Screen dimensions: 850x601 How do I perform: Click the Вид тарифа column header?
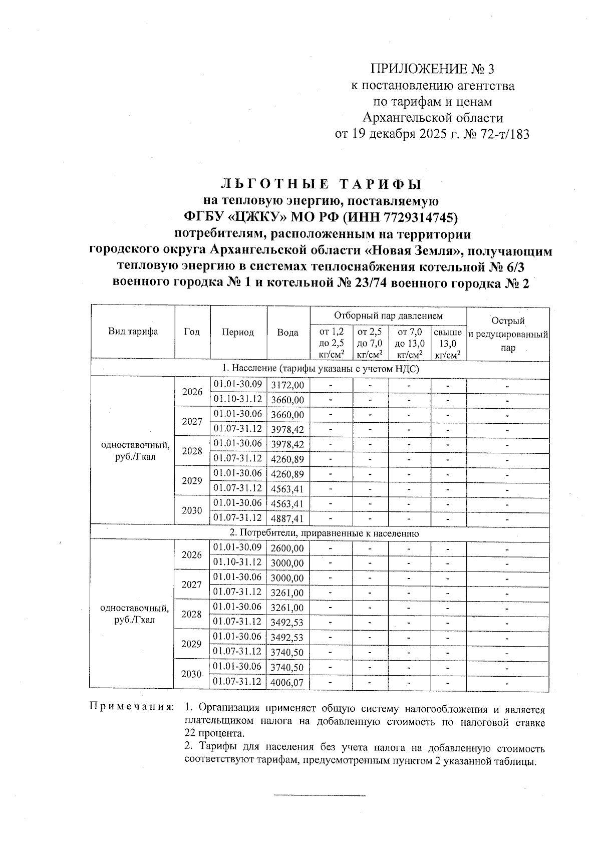point(133,332)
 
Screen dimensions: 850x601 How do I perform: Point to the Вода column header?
point(288,332)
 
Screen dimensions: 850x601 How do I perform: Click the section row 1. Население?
point(320,369)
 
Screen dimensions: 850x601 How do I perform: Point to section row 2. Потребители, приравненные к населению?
point(320,533)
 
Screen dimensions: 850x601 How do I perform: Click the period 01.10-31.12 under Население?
point(237,399)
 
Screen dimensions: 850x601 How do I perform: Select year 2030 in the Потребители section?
point(191,674)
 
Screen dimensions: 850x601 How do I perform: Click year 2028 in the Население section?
point(191,451)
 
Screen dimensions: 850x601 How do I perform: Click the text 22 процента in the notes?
point(214,734)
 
